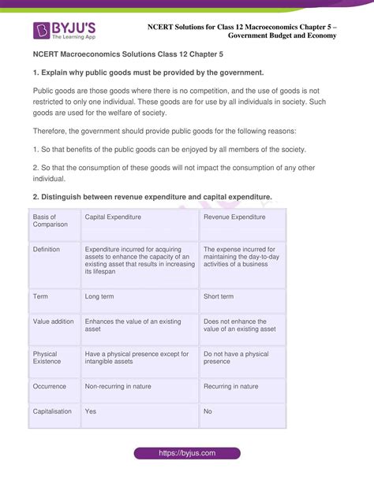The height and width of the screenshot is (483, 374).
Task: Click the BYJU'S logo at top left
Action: coord(65,31)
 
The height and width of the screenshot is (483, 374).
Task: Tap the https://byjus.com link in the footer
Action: coord(186,454)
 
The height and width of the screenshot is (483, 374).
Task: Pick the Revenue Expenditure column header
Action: coord(234,217)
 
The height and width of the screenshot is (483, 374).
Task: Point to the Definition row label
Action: coord(47,249)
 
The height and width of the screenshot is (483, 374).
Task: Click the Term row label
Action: coord(40,297)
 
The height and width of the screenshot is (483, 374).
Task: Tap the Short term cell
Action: coord(219,297)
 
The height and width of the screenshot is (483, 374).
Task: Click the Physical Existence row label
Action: coord(48,359)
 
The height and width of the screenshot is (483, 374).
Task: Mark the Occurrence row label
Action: coord(50,387)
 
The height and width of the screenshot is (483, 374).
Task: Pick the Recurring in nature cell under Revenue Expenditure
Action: coord(231,387)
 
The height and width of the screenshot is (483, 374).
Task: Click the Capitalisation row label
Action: coord(52,411)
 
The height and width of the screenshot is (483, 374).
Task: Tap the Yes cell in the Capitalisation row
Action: coord(91,411)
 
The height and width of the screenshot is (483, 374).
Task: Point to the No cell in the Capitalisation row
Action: coord(208,411)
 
